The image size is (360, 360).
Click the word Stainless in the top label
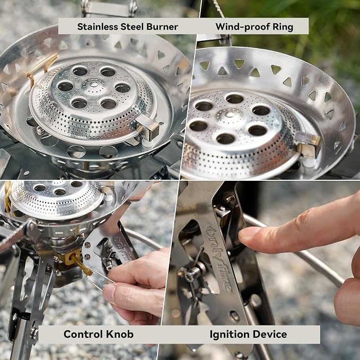[98, 27]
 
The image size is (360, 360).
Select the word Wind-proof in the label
[243, 27]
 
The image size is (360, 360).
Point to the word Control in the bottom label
[83, 334]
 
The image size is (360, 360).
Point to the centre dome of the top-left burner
[94, 84]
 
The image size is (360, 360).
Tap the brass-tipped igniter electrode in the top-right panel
[308, 145]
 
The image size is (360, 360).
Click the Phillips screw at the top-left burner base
[40, 130]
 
